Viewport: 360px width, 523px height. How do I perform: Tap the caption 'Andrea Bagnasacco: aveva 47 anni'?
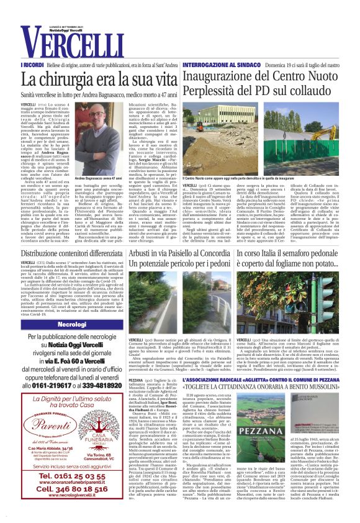pyautogui.click(x=101, y=161)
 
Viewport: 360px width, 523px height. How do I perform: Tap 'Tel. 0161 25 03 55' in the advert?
pyautogui.click(x=71, y=475)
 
